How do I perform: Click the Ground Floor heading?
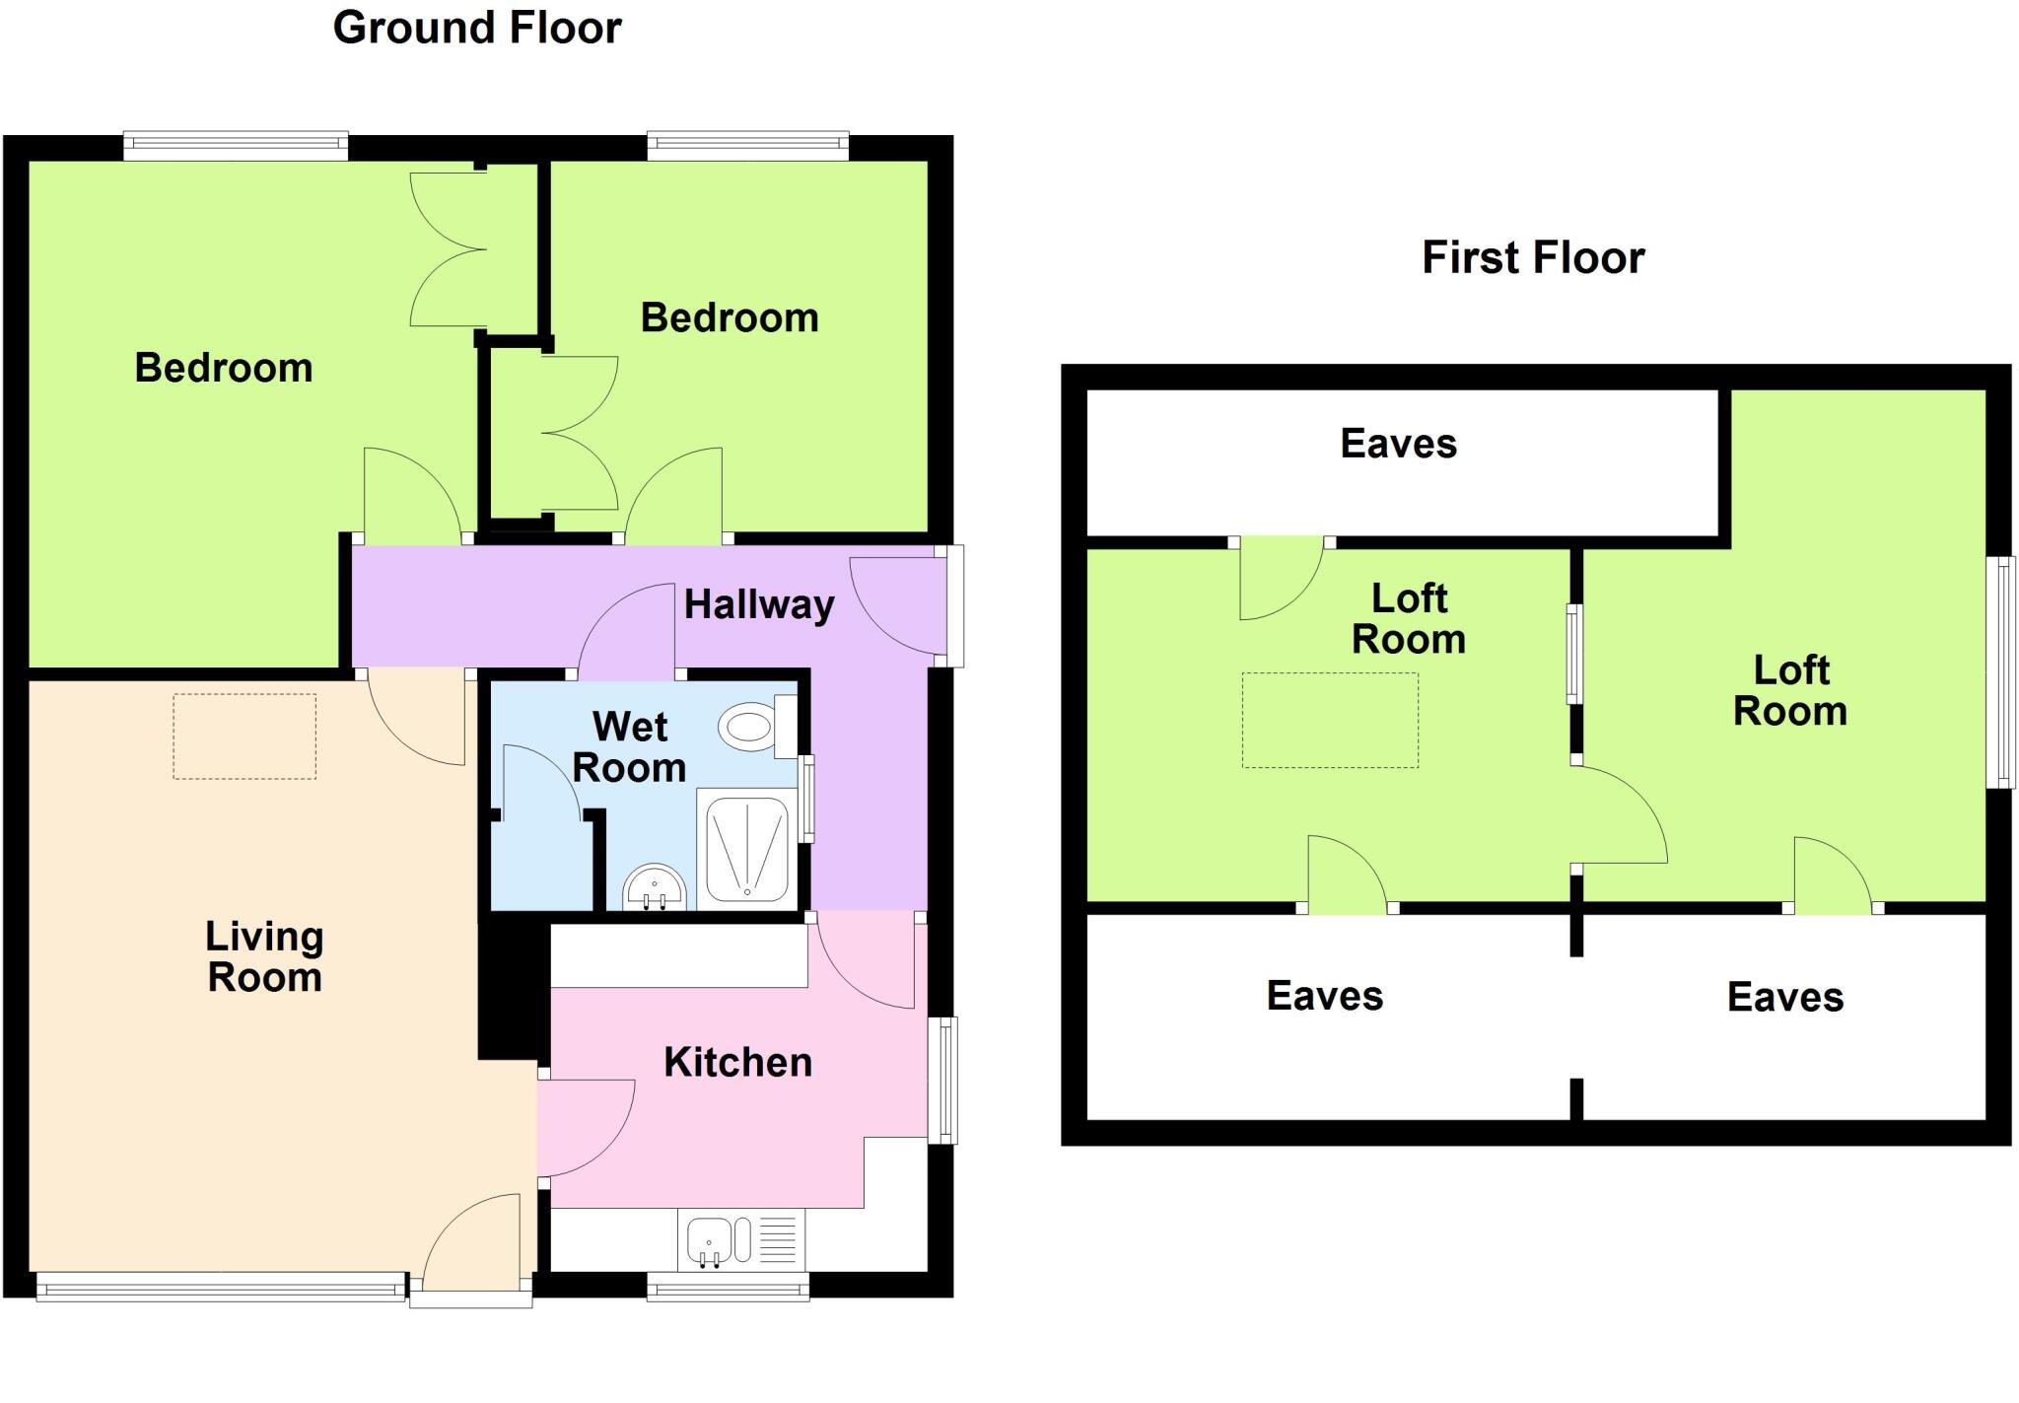477,28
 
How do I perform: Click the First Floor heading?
1533,258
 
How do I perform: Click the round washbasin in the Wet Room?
655,886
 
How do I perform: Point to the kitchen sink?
708,1239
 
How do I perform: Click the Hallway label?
758,604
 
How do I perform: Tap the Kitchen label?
737,1063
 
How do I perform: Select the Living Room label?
264,956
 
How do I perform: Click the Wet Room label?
629,747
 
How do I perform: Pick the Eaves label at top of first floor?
1398,444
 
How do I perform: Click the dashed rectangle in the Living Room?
244,737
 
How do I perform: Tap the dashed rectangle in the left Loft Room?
1330,720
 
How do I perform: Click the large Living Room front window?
221,1287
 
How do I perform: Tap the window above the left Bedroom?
236,147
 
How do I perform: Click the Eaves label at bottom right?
1784,998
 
